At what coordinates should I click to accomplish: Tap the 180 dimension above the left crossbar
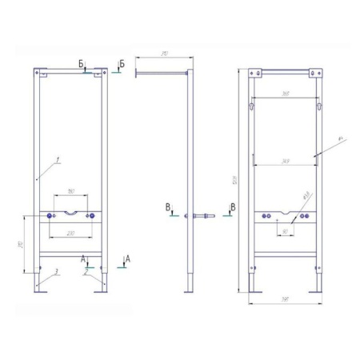coord(71,191)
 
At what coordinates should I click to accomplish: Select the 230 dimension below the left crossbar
coord(71,233)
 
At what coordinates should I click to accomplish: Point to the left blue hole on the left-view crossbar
coord(52,215)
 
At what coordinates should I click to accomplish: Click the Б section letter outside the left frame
coord(120,62)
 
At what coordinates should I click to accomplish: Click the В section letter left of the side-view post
coord(168,207)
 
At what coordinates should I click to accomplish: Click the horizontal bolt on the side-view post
coord(199,216)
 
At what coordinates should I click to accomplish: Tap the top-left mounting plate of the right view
coord(257,75)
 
